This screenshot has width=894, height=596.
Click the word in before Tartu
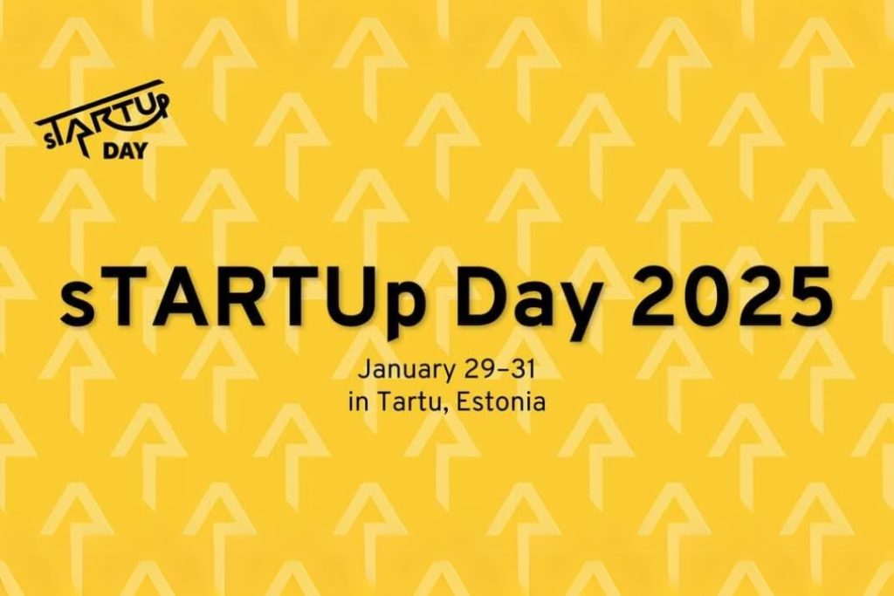(x=355, y=404)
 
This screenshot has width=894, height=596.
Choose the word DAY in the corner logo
(x=124, y=149)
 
